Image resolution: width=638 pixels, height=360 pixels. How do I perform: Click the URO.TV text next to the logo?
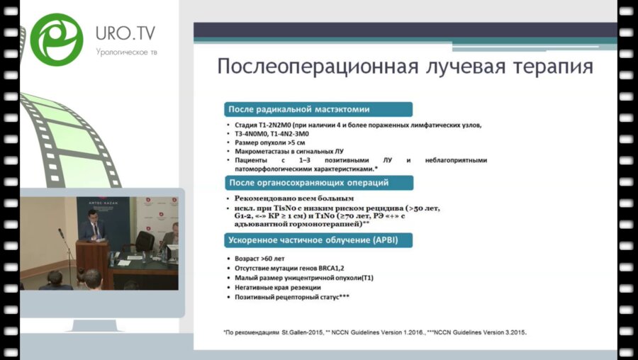coord(126,33)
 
